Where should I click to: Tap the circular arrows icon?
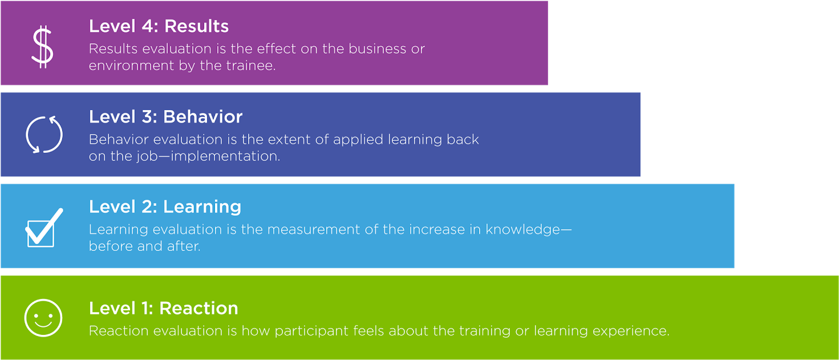click(x=44, y=135)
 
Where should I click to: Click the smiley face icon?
click(x=43, y=318)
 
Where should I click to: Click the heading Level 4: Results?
click(x=159, y=26)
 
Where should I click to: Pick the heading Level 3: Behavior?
click(x=165, y=117)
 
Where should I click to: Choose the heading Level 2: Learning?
click(x=165, y=207)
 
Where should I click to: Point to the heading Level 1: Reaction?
click(x=163, y=308)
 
